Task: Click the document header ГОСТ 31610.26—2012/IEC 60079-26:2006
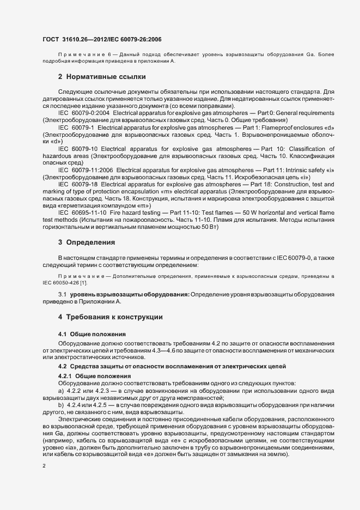coord(101,39)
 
